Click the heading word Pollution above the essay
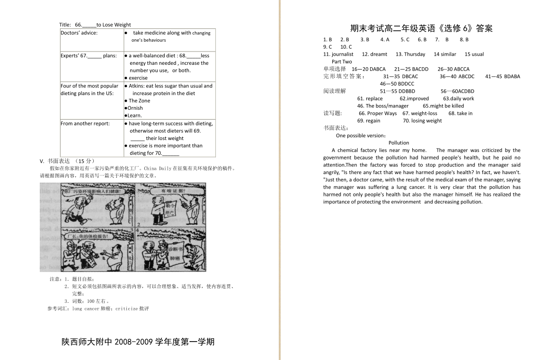pos(399,143)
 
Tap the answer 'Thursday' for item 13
pos(415,54)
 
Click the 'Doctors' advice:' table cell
pos(79,33)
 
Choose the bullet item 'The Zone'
pos(139,101)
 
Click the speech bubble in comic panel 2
pos(173,191)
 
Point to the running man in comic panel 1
pos(73,211)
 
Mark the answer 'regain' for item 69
pos(372,121)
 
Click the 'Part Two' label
pos(342,61)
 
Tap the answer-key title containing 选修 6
pos(421,28)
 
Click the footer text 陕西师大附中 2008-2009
pos(138,342)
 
